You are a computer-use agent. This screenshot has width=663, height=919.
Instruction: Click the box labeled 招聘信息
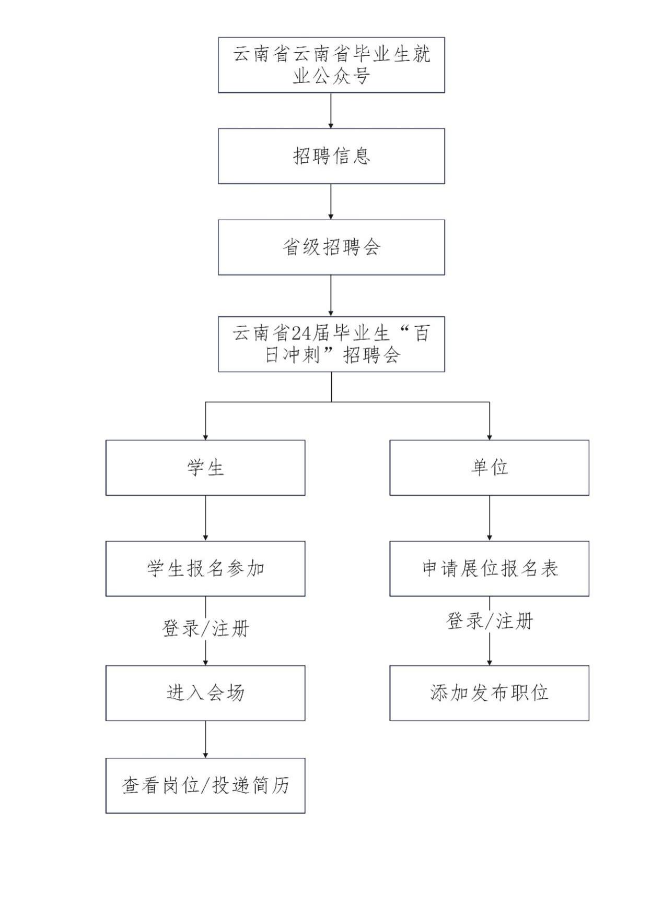pos(331,156)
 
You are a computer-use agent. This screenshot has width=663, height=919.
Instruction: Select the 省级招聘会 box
pos(331,247)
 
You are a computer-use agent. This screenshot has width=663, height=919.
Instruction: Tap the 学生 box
pos(205,468)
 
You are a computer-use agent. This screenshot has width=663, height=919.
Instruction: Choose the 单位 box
pos(489,468)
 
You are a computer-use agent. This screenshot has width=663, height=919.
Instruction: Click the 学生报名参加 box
pos(205,568)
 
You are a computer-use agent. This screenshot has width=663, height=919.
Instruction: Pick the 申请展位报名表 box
pos(489,568)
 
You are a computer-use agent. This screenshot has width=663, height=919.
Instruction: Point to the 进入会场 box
pos(205,693)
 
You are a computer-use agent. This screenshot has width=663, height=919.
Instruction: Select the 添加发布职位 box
pos(489,693)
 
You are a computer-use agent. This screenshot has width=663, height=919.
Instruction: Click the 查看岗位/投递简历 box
pos(205,785)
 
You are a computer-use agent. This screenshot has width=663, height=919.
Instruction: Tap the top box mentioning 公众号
pos(331,65)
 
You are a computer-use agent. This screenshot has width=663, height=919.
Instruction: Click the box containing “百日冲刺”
pos(331,344)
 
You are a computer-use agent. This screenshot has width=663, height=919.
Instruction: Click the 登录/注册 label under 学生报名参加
pos(205,628)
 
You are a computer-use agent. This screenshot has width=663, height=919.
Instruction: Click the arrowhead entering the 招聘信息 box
pos(331,125)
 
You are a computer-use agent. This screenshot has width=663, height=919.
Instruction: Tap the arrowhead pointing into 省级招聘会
pos(331,217)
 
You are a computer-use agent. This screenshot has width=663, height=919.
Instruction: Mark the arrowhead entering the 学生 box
pos(205,437)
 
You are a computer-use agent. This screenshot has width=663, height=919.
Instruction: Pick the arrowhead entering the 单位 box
pos(490,437)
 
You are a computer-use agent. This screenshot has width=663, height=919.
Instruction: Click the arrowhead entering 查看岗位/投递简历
pos(205,755)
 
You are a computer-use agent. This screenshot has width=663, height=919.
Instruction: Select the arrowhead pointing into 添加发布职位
pos(490,662)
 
